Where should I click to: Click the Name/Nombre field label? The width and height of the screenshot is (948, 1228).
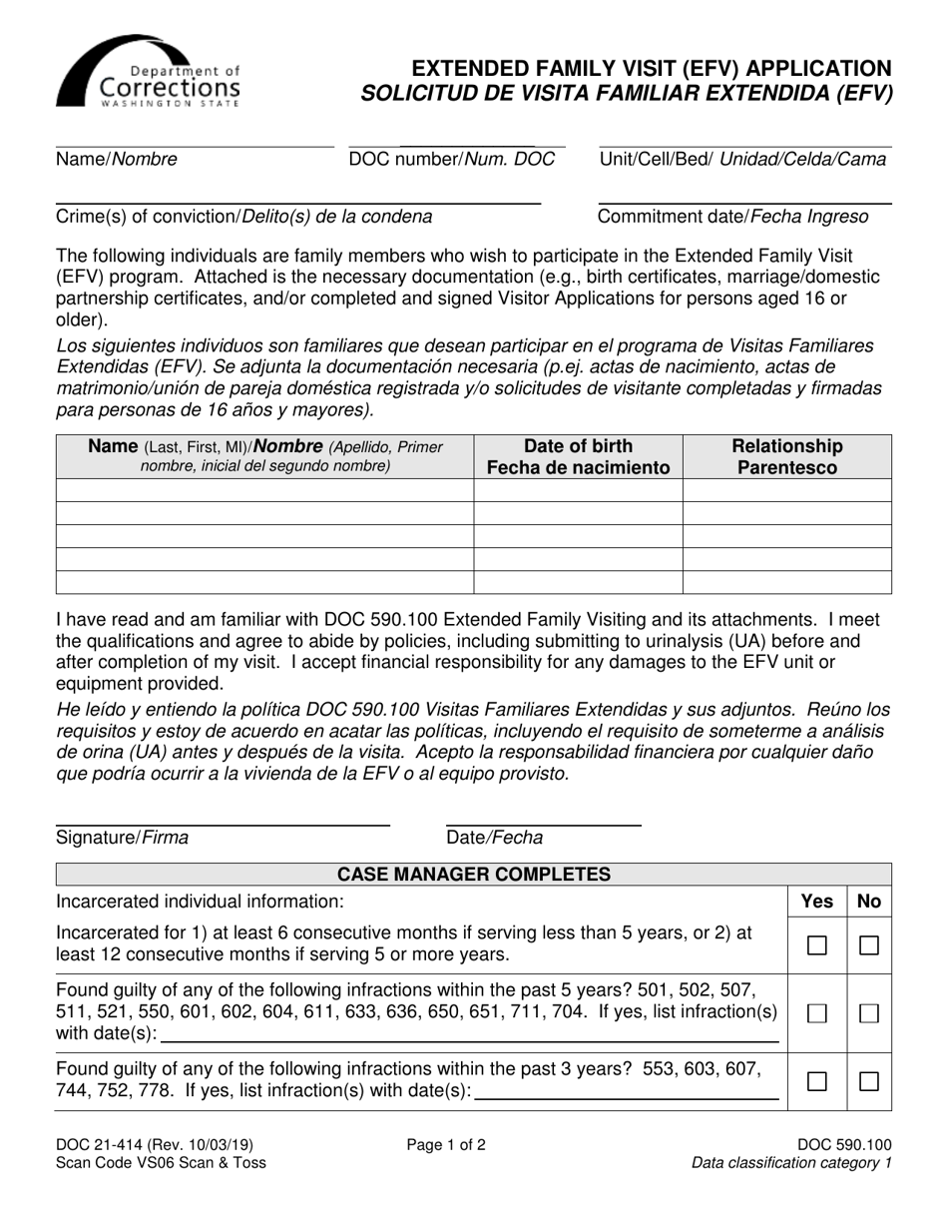pos(117,160)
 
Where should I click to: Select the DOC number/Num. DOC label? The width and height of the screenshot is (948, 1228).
pos(451,160)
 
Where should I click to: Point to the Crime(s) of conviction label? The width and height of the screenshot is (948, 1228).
pos(244,217)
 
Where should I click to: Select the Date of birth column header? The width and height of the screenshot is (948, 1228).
pos(578,457)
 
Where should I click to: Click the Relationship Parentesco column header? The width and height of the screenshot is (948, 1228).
pos(786,457)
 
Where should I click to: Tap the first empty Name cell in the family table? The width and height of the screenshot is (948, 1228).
pos(264,490)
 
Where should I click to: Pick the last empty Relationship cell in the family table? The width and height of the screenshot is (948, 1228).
pos(786,582)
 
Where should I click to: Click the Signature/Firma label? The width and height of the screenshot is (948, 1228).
pos(122,839)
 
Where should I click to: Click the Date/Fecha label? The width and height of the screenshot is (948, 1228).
pos(495,839)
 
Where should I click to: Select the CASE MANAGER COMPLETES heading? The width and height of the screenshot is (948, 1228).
pos(474,876)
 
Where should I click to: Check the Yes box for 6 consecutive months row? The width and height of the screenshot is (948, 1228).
pos(817,945)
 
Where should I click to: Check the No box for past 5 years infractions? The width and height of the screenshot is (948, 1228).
pos(869,1013)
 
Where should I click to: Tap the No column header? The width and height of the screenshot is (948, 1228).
pos(869,902)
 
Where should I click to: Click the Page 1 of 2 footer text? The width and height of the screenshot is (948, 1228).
pos(446,1145)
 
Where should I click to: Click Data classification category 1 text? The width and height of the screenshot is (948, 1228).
pos(791,1163)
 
